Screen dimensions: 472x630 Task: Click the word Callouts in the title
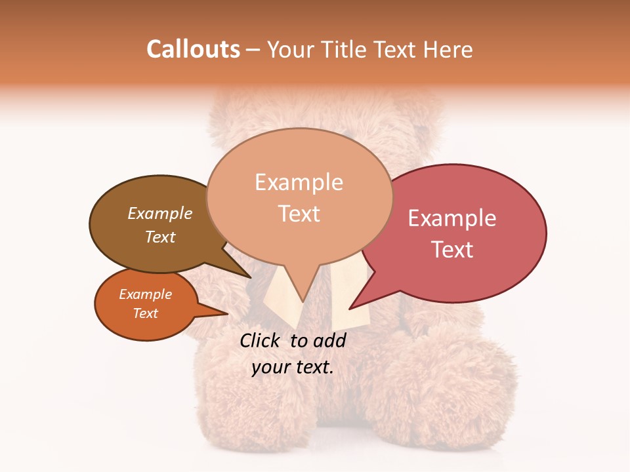[193, 49]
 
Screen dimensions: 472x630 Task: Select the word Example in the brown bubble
[160, 213]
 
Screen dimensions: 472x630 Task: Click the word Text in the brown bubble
[160, 237]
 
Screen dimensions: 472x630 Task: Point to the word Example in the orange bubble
[146, 294]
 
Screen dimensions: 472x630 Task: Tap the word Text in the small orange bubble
[146, 313]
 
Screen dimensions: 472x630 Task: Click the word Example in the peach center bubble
[299, 182]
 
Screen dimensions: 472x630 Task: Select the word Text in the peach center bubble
[299, 214]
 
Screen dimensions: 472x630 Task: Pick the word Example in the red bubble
[452, 218]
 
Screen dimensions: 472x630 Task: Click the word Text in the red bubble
[452, 250]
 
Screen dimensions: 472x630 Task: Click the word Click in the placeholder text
[261, 340]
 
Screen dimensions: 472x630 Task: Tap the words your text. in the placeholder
[293, 367]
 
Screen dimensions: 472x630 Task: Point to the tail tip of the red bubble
[350, 308]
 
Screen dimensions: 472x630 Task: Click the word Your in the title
[289, 49]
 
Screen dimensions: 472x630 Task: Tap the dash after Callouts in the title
[253, 49]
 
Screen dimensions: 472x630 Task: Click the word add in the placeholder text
[331, 340]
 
